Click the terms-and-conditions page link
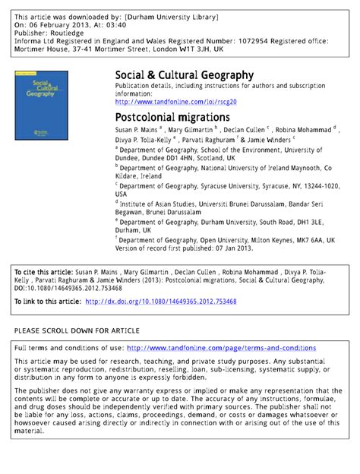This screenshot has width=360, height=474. pyautogui.click(x=222, y=348)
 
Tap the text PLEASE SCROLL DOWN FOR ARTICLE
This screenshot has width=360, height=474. pyautogui.click(x=77, y=330)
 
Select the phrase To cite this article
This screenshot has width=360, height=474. pyautogui.click(x=43, y=271)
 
